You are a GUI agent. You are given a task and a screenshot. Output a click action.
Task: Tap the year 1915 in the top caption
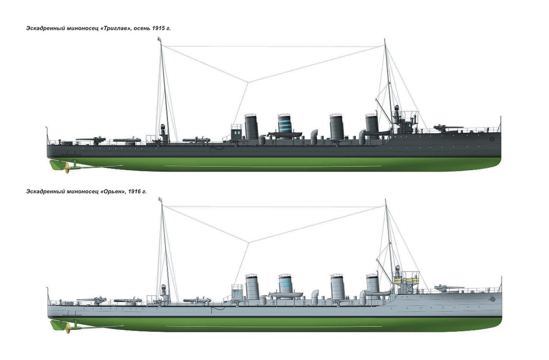pos(159,29)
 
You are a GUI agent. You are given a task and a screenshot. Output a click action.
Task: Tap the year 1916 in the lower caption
pos(134,192)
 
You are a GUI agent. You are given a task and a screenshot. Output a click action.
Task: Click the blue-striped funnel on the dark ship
pos(284,126)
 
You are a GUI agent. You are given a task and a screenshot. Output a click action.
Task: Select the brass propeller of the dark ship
pos(68,168)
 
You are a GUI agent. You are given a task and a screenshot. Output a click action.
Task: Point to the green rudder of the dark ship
pos(55,165)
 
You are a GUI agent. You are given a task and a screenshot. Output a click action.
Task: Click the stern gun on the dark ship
pos(91,140)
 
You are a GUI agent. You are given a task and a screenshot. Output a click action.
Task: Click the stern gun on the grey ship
pos(92,300)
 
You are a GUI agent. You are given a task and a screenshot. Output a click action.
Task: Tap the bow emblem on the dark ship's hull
pos(492,139)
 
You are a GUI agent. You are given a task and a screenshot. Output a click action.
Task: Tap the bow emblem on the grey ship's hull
pos(492,299)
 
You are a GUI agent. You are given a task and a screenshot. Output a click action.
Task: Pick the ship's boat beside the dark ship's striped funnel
pos(284,134)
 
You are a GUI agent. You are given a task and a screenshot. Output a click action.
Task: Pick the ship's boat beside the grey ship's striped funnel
pos(285,294)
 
